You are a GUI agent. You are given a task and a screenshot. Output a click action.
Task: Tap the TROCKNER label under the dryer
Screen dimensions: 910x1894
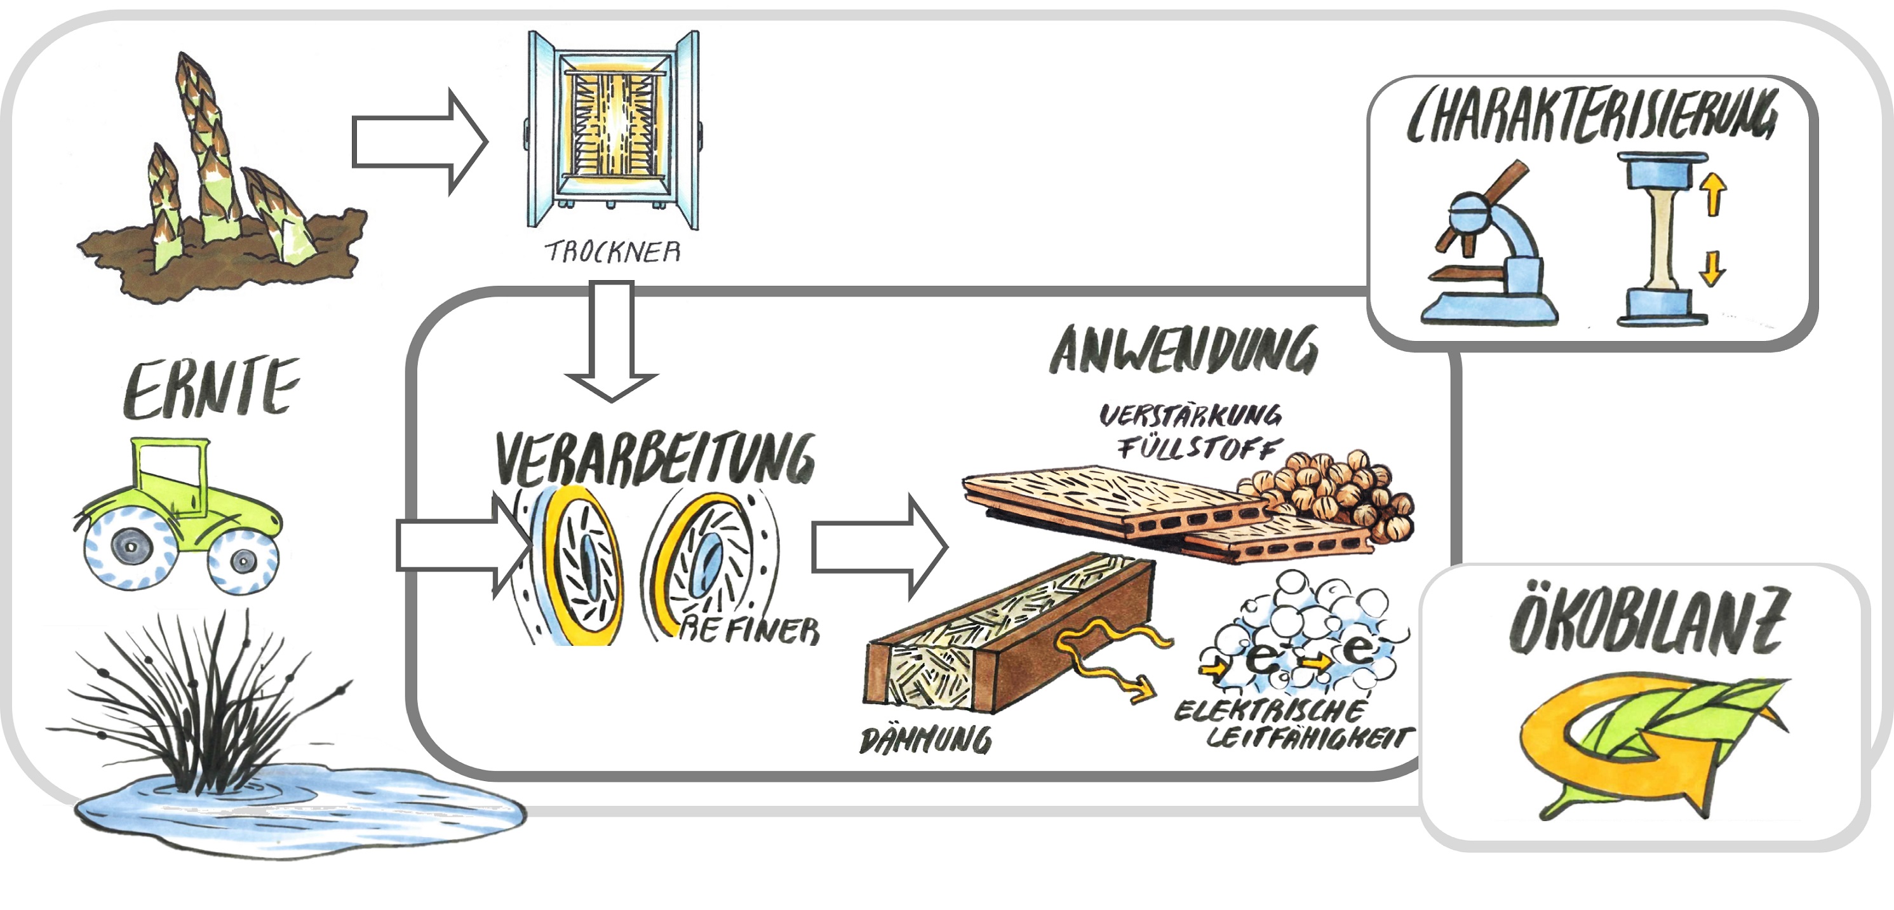[612, 252]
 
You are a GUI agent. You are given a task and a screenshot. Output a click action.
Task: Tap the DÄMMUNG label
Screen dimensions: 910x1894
[925, 740]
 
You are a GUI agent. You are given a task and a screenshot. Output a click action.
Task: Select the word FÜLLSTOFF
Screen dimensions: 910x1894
[1199, 447]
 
